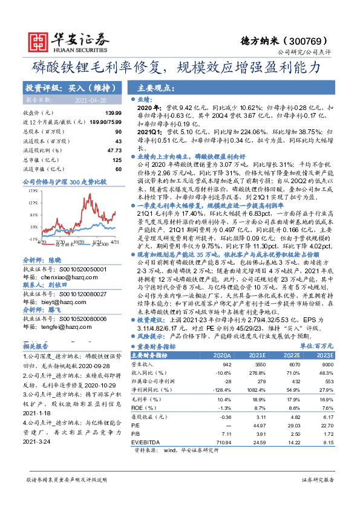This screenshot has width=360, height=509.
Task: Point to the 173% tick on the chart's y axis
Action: [31, 191]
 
